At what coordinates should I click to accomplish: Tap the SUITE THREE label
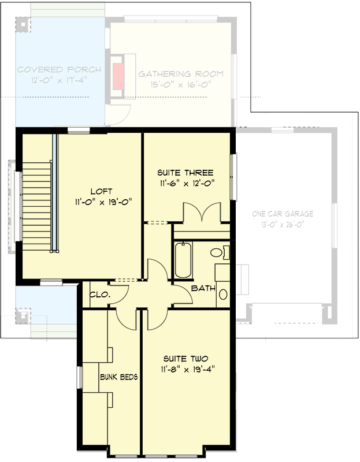point(185,173)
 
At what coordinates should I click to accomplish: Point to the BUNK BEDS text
point(118,377)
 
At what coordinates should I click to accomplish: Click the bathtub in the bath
point(183,261)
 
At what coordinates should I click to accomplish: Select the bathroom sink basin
point(223,294)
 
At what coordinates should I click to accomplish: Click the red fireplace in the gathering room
point(119,76)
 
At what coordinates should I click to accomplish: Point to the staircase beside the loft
point(36,206)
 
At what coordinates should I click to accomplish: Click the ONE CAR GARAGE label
point(283,214)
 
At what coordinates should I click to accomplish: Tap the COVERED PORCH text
point(58,70)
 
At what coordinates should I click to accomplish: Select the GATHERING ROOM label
point(180,74)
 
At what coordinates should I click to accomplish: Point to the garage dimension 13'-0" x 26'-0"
point(283,224)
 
